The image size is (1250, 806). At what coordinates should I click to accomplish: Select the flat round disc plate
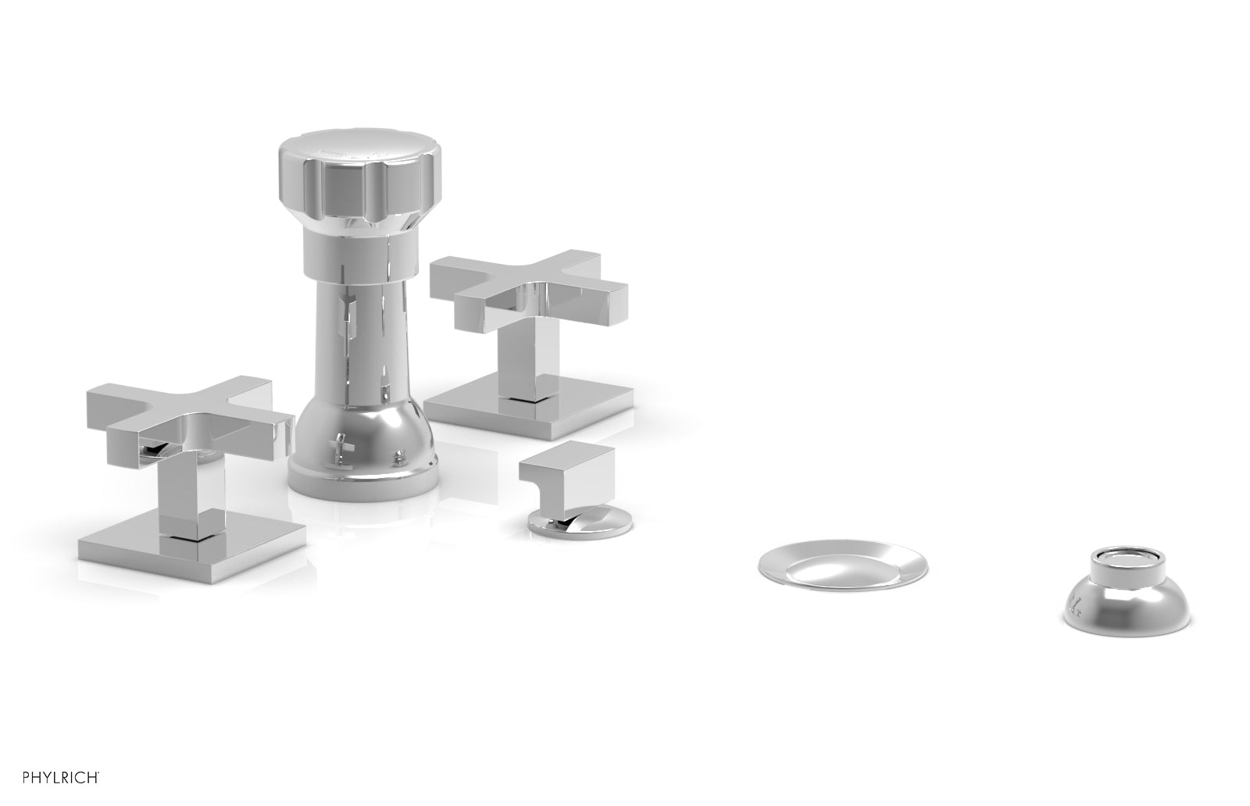coord(842,565)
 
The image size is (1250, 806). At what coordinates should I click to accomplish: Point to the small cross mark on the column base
coord(337,451)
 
